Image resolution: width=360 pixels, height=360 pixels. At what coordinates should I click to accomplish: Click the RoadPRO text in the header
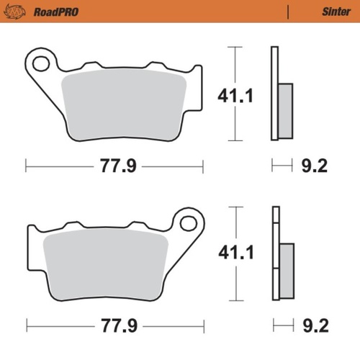tap(55, 12)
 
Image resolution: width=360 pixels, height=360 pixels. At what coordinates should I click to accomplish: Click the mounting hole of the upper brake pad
tap(40, 64)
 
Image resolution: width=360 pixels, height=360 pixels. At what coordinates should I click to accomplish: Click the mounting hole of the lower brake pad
tap(189, 222)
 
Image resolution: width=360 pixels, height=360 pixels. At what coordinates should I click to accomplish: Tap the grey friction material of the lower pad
tap(104, 262)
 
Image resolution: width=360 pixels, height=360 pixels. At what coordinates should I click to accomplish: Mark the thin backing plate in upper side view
tap(274, 94)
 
